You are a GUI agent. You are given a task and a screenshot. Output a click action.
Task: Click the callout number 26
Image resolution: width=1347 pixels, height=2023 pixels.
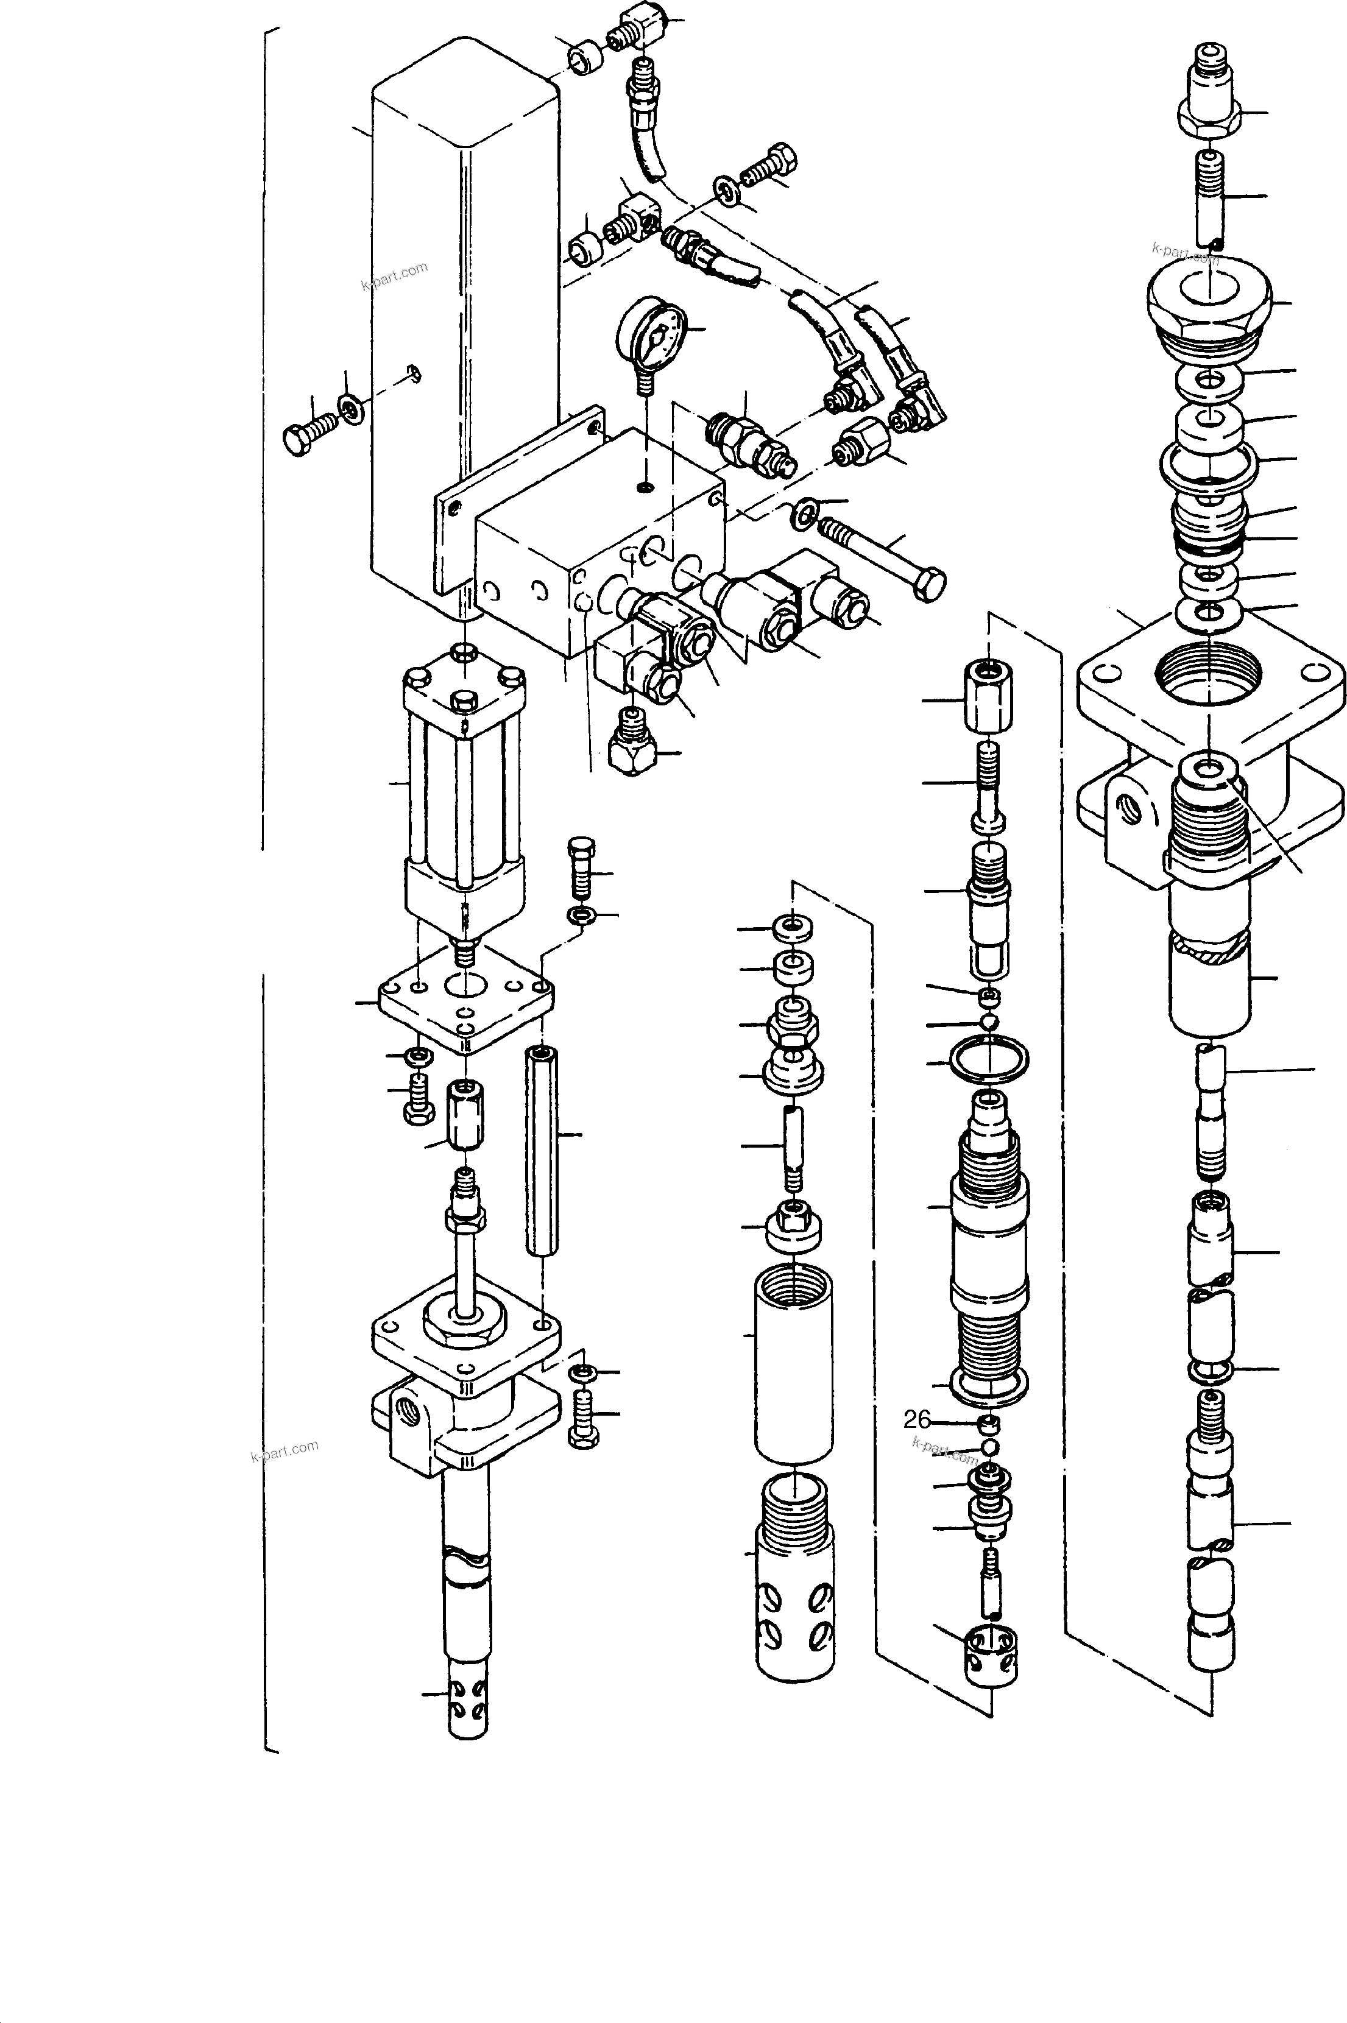click(917, 1420)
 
